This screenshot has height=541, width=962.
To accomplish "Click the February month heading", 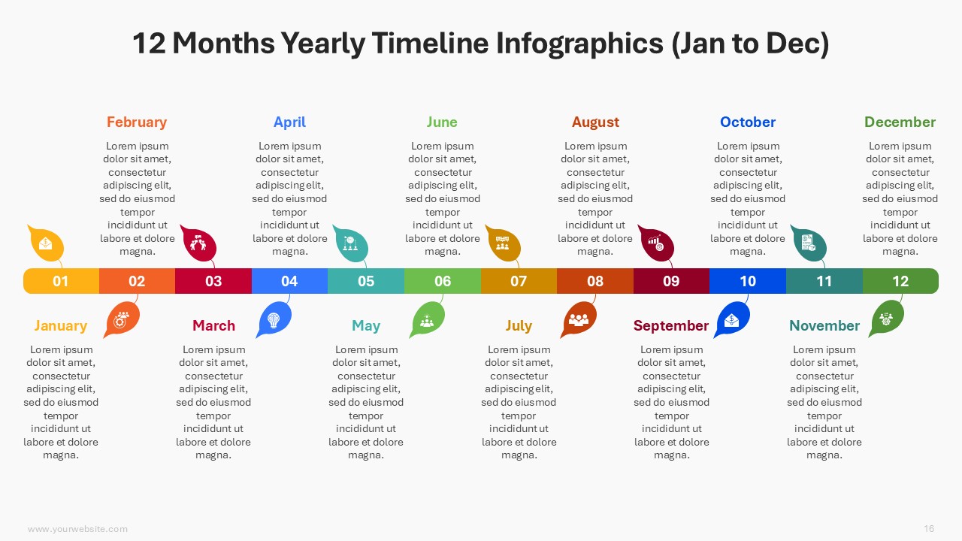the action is tap(137, 122).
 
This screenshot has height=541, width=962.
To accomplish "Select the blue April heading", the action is tap(289, 122).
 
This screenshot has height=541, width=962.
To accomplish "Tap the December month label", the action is tap(900, 122).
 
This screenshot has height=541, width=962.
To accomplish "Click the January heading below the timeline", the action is tap(61, 326).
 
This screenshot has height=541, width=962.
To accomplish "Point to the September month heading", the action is tap(671, 326).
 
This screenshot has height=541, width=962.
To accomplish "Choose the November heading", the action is tap(824, 325).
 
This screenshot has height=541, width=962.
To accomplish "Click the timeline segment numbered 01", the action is tap(61, 281).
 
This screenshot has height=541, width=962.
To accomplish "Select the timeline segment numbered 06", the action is tap(443, 281).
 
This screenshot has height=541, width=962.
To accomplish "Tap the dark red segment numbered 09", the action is tap(671, 281).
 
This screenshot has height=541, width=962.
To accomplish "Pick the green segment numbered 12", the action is tap(900, 281).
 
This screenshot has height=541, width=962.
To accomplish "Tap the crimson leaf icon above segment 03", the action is tap(198, 243).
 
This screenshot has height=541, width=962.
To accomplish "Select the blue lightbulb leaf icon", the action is tap(274, 319).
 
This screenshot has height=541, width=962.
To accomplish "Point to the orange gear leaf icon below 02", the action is tap(122, 319).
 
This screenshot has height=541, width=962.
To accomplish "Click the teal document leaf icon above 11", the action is tap(809, 243).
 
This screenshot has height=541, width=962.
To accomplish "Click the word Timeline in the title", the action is tap(431, 44).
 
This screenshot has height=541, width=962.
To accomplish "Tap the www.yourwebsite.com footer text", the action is tap(77, 529).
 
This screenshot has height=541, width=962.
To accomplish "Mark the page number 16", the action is tap(929, 528).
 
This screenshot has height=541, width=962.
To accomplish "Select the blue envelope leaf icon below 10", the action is tap(732, 319).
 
